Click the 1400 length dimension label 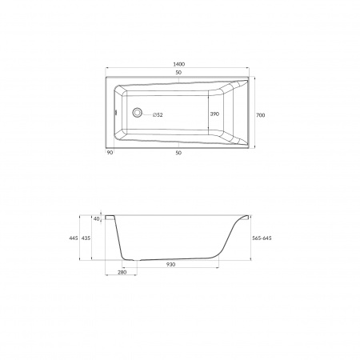[x=178, y=64]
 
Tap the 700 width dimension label [x=261, y=115]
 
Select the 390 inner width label [x=214, y=114]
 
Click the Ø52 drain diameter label [x=158, y=115]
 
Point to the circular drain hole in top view [x=137, y=113]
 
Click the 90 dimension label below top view [x=110, y=152]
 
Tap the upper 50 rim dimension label [x=178, y=72]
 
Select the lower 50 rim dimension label [x=178, y=153]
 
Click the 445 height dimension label [x=74, y=238]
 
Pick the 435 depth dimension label [x=86, y=238]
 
